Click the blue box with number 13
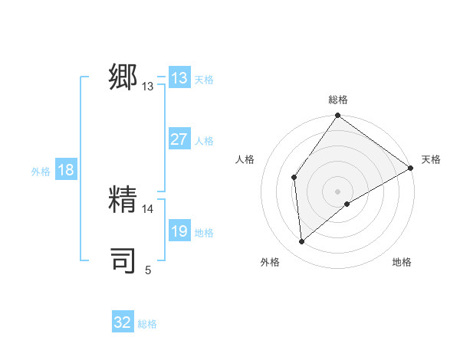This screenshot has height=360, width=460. [x=179, y=78]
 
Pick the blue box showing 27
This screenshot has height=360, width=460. [x=179, y=139]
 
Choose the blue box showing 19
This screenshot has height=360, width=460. [x=179, y=231]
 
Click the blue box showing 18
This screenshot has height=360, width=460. [x=66, y=170]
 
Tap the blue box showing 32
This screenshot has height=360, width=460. [x=123, y=322]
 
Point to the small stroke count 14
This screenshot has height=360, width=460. [x=148, y=208]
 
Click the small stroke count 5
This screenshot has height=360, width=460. [x=148, y=270]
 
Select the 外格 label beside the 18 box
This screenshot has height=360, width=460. [x=41, y=172]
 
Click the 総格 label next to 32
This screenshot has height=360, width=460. [x=147, y=324]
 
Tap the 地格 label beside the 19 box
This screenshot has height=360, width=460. [x=204, y=233]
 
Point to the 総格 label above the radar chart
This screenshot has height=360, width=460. [x=338, y=100]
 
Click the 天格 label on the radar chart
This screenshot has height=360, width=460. [x=431, y=159]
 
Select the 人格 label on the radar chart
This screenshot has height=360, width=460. [x=245, y=159]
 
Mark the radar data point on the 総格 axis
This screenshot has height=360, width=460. [x=338, y=116]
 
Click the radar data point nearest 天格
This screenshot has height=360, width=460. [x=410, y=168]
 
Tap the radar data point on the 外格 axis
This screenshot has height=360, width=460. [x=302, y=241]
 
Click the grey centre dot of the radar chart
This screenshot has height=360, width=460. [x=338, y=191]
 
